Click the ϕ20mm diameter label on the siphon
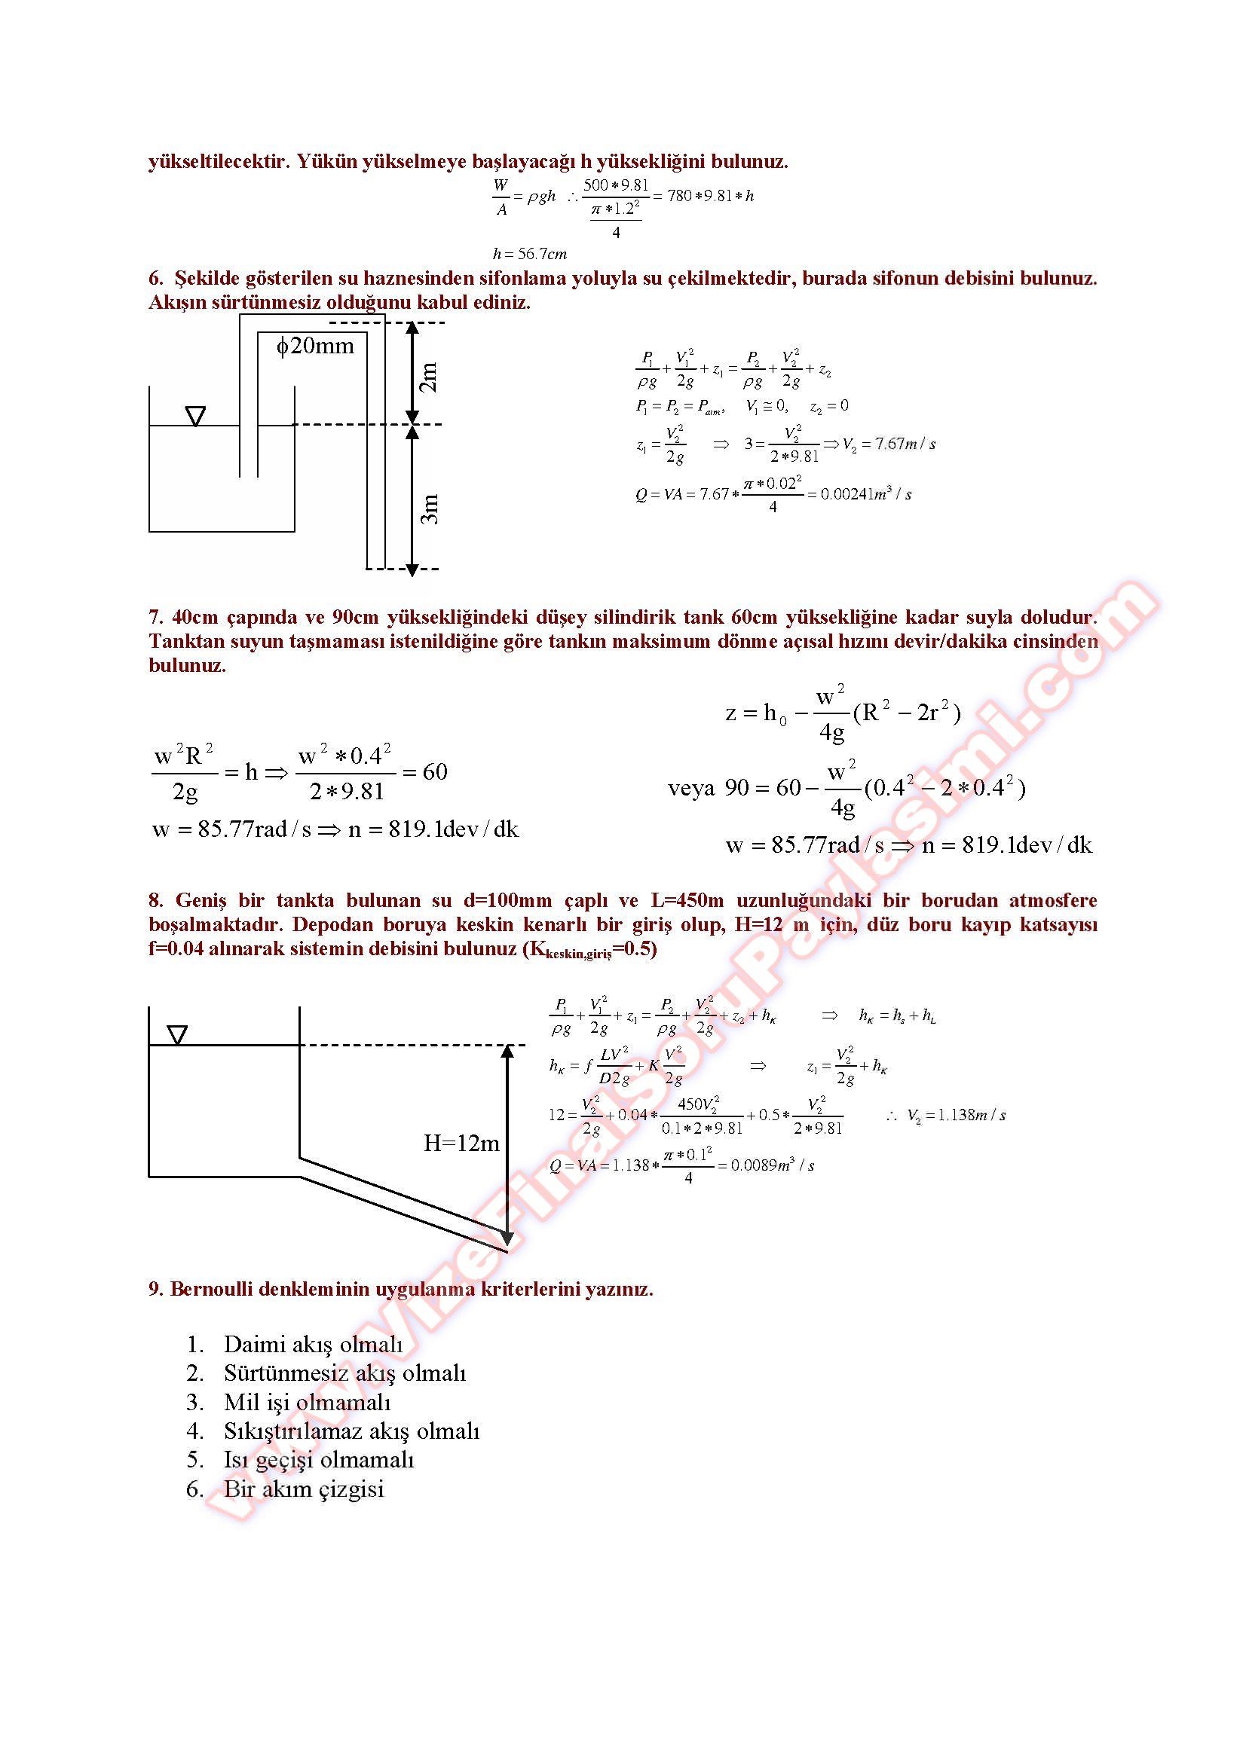[316, 346]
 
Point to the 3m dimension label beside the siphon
[430, 508]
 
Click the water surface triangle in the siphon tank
[196, 416]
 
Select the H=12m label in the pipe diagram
[461, 1144]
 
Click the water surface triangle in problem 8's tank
[177, 1035]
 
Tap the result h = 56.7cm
[530, 254]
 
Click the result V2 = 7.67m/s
[889, 444]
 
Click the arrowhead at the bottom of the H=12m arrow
[507, 1238]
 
